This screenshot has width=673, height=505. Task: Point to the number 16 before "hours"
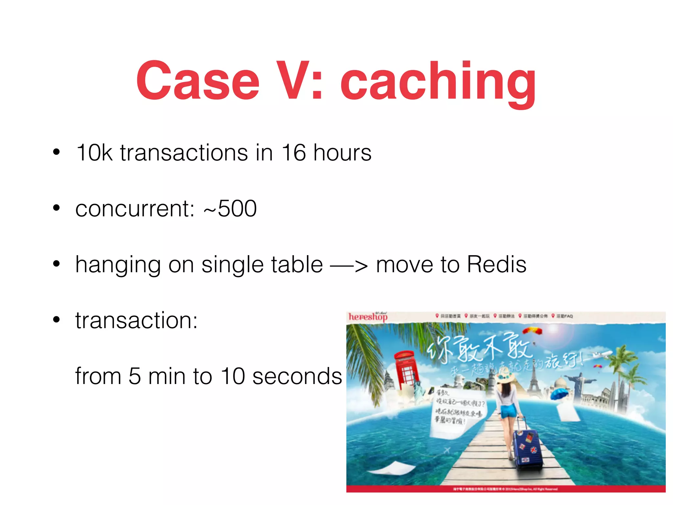293,153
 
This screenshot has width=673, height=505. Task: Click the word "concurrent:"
135,209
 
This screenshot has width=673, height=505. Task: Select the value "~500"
230,209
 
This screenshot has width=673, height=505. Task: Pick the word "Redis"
497,264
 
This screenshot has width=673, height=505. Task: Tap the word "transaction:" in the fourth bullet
136,321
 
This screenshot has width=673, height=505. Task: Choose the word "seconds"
297,376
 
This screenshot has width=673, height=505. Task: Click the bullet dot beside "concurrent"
57,208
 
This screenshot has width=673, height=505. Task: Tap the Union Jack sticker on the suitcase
534,449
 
